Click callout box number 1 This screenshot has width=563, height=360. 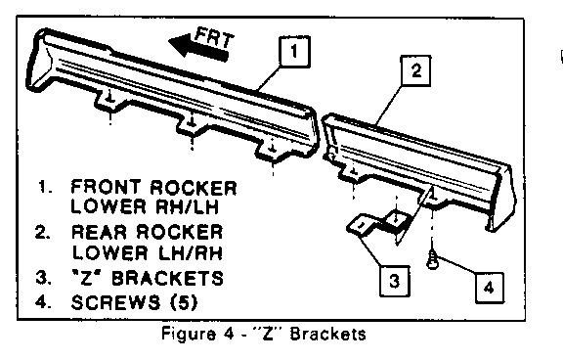point(294,52)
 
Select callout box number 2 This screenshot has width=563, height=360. point(415,70)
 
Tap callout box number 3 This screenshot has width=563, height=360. point(395,282)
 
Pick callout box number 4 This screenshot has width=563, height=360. point(489,288)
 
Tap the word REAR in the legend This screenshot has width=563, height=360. point(99,232)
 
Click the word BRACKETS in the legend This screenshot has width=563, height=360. point(168,278)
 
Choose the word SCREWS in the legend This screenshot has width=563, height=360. point(115,302)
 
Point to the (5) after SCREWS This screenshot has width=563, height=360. point(184,302)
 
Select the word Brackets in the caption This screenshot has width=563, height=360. point(327,335)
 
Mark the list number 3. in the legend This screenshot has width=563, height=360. point(43,278)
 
